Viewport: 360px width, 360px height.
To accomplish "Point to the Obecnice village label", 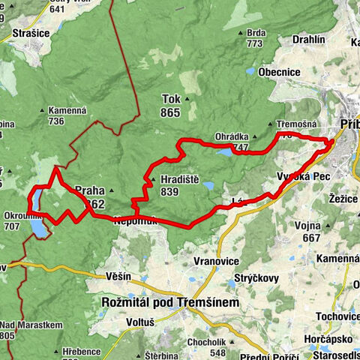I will pos(280,72).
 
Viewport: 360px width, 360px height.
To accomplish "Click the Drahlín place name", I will pos(308,39).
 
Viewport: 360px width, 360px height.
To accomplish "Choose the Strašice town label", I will pos(31,34).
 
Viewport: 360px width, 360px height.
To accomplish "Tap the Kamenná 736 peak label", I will pos(67,115).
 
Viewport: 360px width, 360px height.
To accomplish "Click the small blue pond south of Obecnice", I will pos(250,71).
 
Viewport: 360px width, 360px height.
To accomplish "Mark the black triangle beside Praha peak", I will pos(110,190).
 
